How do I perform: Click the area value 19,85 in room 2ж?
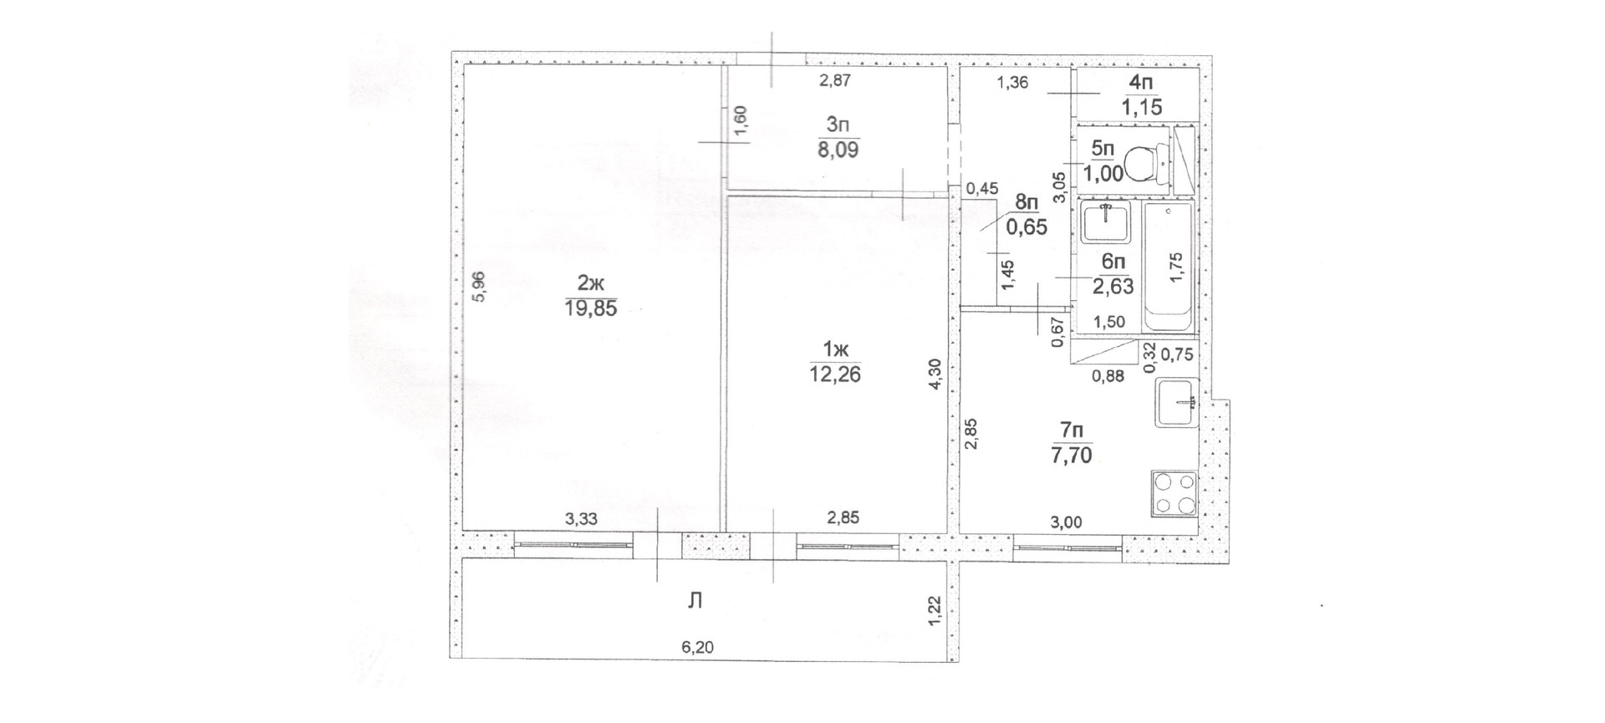click(591, 309)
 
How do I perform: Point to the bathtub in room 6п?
click(1167, 267)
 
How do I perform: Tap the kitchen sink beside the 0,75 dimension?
click(1177, 404)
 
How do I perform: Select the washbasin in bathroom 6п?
click(1105, 221)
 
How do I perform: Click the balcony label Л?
click(694, 600)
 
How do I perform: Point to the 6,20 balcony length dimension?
click(698, 646)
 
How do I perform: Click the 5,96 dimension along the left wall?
click(478, 288)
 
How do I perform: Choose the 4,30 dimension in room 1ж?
click(936, 374)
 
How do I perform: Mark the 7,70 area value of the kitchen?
click(1073, 456)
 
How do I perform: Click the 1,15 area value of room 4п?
click(1142, 108)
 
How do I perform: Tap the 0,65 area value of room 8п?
click(1026, 227)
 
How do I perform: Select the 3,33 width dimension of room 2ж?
click(581, 519)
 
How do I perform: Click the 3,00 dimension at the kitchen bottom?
click(1066, 523)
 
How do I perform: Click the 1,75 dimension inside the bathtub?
click(1176, 267)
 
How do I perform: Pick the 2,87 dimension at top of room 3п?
click(834, 81)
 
